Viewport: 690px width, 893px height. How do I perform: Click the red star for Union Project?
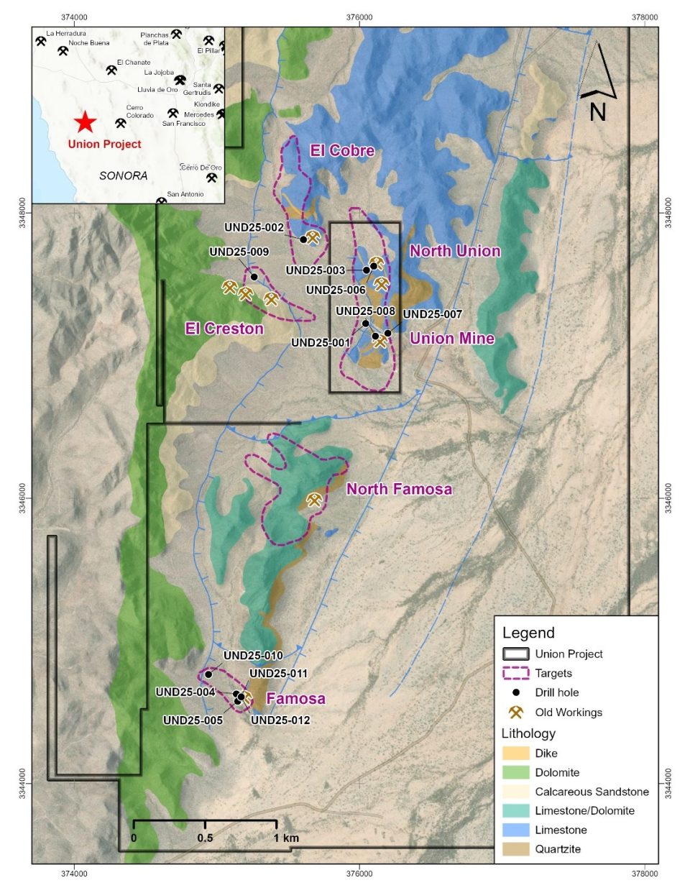click(85, 122)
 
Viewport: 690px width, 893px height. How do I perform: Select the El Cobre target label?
click(342, 150)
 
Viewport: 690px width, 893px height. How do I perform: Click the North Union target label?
click(455, 251)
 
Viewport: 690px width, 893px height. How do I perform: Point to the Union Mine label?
click(452, 339)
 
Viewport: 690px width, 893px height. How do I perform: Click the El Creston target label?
click(224, 329)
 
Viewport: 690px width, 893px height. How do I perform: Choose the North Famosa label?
click(400, 490)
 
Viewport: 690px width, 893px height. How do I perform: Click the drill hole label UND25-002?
click(254, 228)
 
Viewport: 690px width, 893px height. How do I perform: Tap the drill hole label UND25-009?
click(239, 252)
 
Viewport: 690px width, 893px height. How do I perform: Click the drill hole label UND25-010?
click(253, 656)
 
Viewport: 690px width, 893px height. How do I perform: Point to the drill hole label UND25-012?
click(280, 720)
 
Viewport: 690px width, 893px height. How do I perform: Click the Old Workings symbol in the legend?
click(515, 713)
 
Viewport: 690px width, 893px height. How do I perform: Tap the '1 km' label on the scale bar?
click(286, 838)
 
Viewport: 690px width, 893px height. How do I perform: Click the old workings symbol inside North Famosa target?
click(314, 499)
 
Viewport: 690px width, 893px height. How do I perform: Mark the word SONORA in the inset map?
click(123, 175)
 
